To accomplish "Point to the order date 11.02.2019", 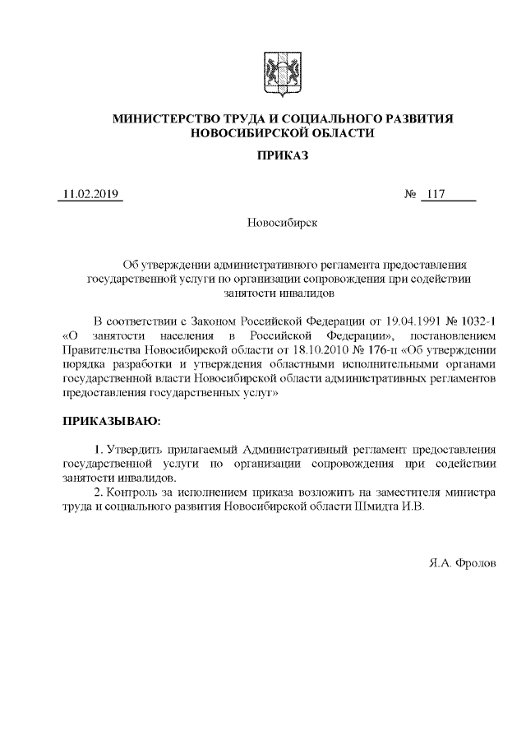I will pyautogui.click(x=90, y=195).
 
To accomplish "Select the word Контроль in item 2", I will pyautogui.click(x=134, y=492).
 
